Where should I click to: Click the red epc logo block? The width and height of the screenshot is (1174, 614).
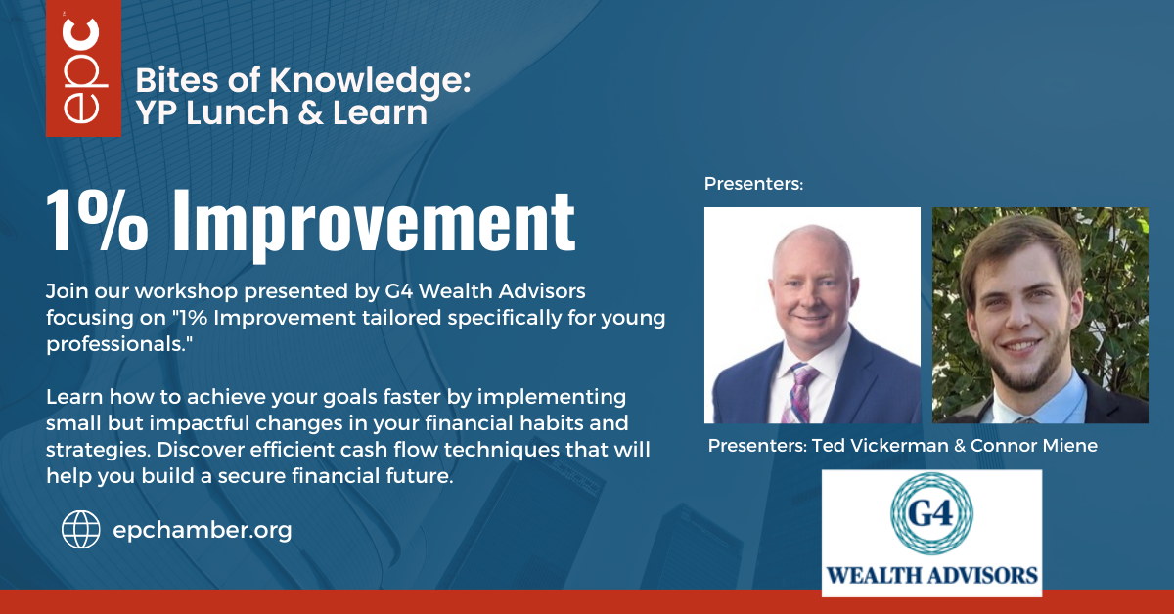(83, 68)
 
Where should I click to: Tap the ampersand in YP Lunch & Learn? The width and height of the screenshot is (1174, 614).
(310, 113)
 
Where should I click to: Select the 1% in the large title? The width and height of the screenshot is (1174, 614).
(98, 221)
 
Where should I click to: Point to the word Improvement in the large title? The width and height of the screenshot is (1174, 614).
(374, 225)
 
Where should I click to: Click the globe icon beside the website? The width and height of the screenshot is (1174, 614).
(80, 530)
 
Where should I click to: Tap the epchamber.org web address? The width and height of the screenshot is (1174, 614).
(203, 530)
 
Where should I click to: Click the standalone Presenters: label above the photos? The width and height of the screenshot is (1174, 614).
(753, 184)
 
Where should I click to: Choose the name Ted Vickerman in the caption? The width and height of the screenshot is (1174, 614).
(880, 446)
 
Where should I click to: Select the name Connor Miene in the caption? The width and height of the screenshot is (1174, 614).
(1033, 446)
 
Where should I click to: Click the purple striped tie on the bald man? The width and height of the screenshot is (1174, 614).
(798, 394)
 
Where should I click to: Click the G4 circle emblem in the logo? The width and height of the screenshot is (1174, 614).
(931, 513)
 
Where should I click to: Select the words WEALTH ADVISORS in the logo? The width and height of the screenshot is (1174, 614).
(931, 576)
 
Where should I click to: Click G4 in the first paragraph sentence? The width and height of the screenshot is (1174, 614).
(398, 291)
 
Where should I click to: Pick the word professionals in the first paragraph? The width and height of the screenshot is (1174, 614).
(114, 345)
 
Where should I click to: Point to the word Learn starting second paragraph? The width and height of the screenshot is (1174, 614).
(74, 397)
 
